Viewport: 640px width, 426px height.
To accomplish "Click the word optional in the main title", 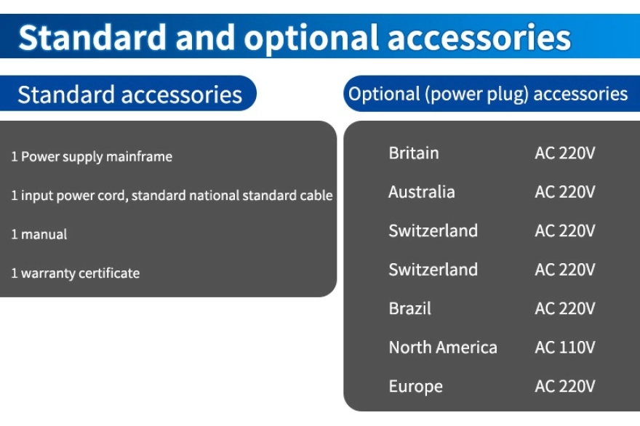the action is coord(312,39).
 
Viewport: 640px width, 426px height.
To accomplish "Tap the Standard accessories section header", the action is coord(129,95).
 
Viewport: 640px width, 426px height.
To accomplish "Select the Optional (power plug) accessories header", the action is coord(488,95).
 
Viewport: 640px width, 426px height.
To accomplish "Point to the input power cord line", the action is coord(172,196).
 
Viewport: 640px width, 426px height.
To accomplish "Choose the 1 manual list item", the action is coord(39,234).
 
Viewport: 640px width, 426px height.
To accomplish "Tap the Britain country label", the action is coord(414,153).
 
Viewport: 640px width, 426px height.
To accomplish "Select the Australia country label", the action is coord(422,192).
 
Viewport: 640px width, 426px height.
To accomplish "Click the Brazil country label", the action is coord(409,308).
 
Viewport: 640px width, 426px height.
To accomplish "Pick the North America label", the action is coord(443,347).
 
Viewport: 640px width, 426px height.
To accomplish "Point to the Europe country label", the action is coord(415,387).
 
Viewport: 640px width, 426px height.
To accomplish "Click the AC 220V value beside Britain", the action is coord(565,153).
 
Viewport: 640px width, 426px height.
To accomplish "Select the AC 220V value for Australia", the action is coord(565,192).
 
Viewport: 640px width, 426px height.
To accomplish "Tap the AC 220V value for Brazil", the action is coord(565,308).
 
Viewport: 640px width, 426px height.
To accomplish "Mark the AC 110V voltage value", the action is coord(565,347).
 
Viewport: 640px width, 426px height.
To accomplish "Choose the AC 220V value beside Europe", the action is coord(565,387).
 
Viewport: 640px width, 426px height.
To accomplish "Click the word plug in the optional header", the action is coord(505,95).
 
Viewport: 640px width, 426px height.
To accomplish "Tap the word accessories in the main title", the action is coord(479,39).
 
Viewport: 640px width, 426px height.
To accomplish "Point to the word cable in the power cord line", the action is coord(316,195).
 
